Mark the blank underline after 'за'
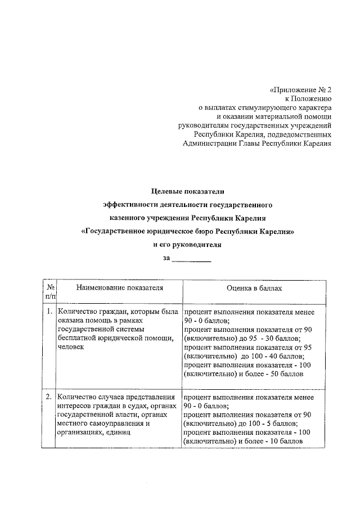point(191,259)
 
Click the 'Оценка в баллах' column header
point(254,288)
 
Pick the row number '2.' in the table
point(49,397)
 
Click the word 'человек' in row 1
point(70,348)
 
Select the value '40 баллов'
point(285,356)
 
